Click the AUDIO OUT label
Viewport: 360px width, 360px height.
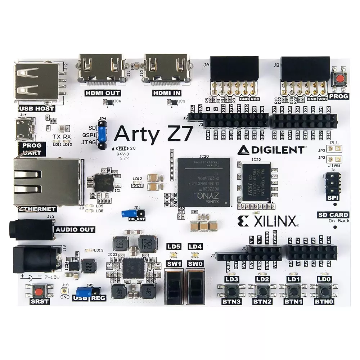click(x=75, y=229)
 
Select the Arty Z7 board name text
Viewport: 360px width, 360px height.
click(x=153, y=135)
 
